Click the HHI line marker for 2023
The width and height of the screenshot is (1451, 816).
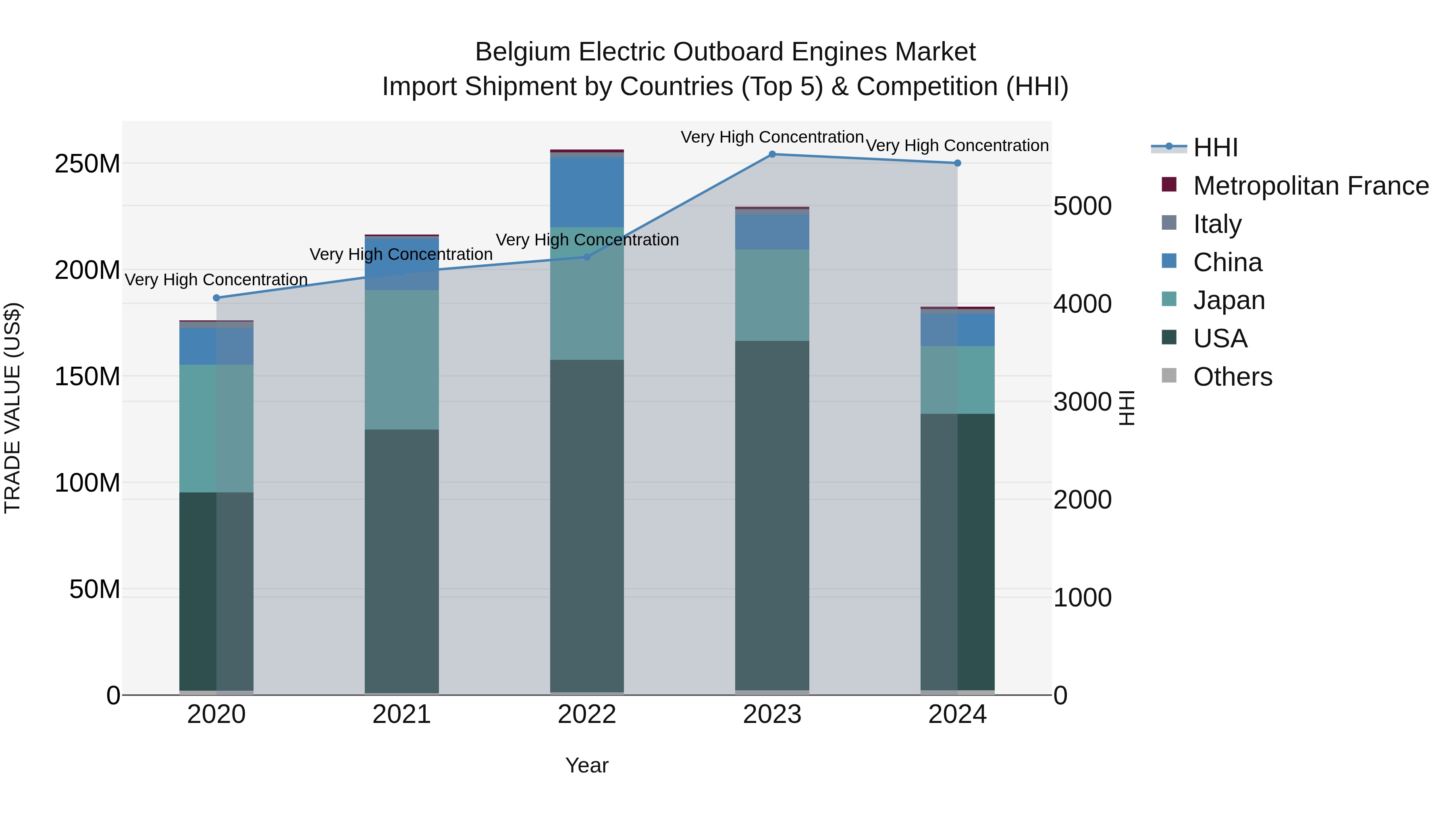tap(772, 154)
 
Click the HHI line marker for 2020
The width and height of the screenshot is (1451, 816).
tap(216, 298)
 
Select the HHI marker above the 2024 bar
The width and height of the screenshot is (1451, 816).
tap(958, 163)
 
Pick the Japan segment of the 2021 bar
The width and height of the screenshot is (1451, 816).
tap(401, 359)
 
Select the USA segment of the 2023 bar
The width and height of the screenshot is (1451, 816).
tap(772, 515)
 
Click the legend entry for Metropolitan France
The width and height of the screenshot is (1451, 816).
tap(1310, 186)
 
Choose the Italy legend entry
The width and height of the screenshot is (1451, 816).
tap(1217, 224)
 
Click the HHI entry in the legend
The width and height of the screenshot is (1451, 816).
tap(1215, 147)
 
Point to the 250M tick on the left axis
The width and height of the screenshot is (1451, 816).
tap(87, 164)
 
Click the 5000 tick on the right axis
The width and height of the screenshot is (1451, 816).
tap(1082, 206)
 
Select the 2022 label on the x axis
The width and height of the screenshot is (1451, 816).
tap(587, 714)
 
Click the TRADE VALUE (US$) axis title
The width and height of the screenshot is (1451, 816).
tap(12, 408)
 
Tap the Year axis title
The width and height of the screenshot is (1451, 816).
tap(587, 765)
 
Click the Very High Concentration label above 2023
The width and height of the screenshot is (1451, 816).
tap(772, 137)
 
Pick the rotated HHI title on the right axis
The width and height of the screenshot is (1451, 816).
tap(1127, 408)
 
